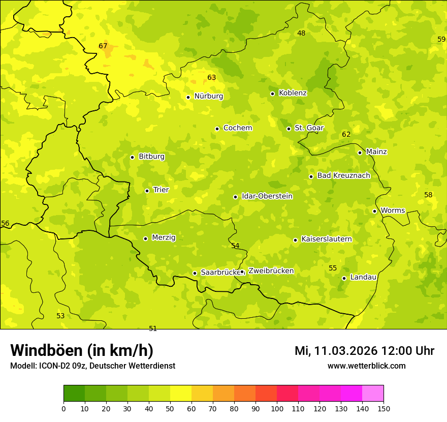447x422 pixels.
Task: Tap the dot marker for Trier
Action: coord(147,191)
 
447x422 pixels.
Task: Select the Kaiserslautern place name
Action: coord(327,239)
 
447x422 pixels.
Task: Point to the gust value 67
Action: coord(103,46)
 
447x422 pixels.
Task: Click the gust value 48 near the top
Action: coord(301,34)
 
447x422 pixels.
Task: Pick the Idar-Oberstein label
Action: coord(267,196)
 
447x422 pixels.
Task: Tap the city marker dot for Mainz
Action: coord(360,153)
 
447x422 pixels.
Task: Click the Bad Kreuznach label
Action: coord(343,176)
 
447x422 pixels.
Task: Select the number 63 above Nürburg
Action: coord(212,78)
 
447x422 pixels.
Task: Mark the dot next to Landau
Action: coord(344,278)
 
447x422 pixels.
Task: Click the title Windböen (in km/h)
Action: coord(82,351)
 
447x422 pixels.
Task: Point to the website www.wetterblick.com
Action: coord(366,366)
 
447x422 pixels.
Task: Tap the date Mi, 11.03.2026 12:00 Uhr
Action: coord(364,351)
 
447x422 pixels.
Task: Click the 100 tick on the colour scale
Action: coord(277,408)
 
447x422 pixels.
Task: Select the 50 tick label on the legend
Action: coord(170,408)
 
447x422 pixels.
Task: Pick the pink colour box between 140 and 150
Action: coord(373,394)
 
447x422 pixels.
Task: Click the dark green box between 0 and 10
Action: coord(74,394)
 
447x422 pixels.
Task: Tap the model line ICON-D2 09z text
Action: coord(92,366)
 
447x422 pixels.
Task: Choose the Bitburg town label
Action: coord(151,157)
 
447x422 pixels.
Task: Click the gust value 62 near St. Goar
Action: coord(346,135)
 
